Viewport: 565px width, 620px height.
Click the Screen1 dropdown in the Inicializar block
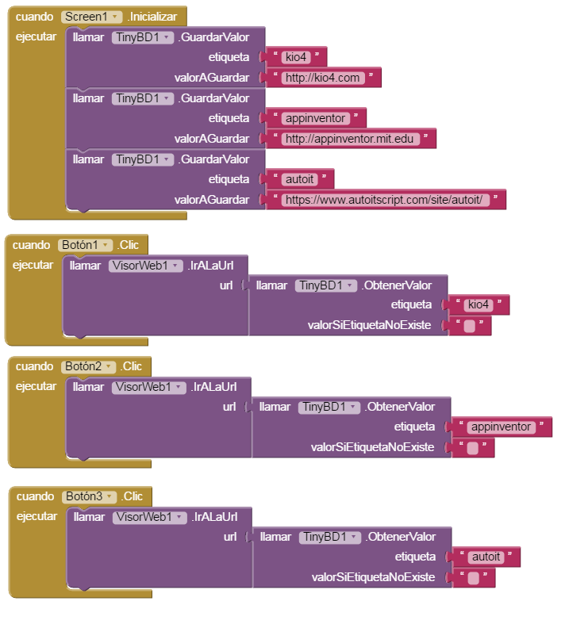[92, 17]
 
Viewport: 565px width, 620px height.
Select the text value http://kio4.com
[323, 78]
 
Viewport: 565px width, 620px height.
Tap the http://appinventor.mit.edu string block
[350, 139]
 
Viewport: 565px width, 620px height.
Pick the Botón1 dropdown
[86, 245]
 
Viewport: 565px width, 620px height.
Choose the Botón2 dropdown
[88, 366]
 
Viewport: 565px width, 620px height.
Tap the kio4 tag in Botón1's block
[478, 305]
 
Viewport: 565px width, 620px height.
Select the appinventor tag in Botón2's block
[501, 427]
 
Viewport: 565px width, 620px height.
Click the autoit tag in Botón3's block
[486, 557]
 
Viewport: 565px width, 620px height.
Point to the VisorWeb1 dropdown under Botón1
[145, 266]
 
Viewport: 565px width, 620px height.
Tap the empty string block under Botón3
[473, 578]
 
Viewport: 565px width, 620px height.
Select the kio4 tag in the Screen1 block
[294, 57]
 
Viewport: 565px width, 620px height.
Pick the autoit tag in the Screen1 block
[298, 179]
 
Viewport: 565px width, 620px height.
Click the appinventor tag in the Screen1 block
[315, 118]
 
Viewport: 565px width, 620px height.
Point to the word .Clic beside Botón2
[132, 366]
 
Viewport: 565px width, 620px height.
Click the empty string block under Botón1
[470, 326]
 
